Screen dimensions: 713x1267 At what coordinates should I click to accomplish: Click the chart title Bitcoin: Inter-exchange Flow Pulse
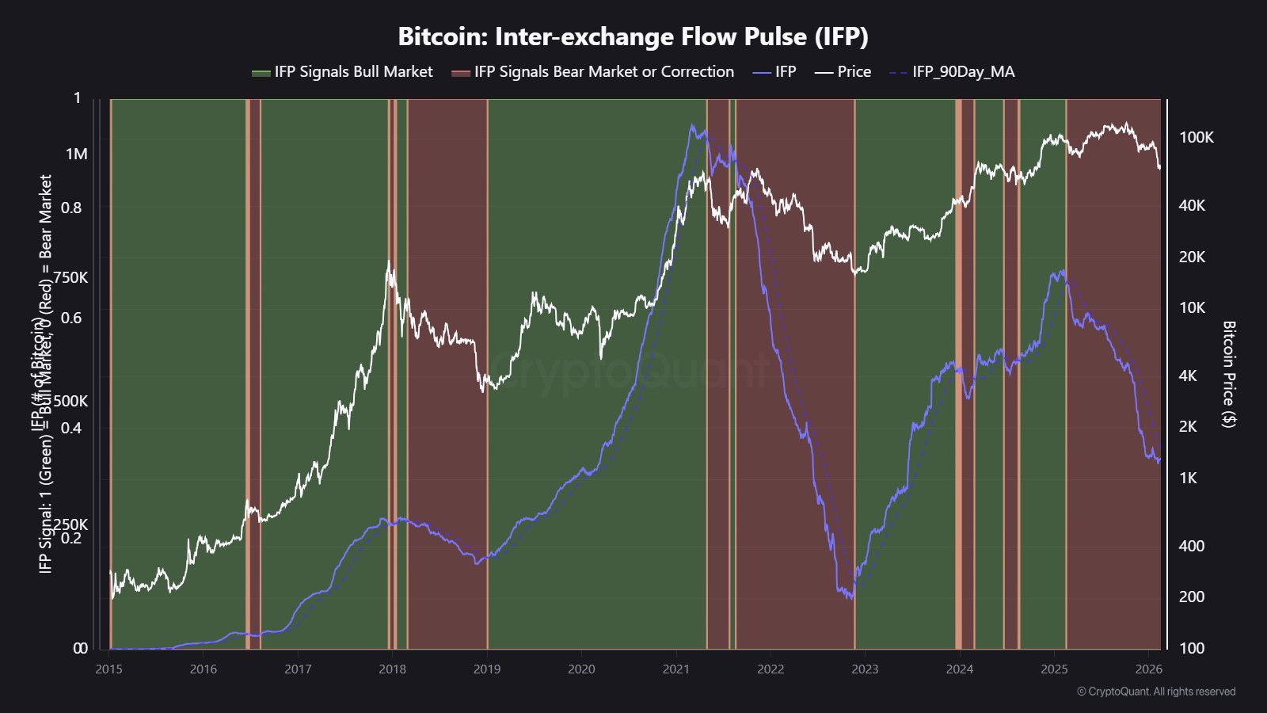pyautogui.click(x=633, y=36)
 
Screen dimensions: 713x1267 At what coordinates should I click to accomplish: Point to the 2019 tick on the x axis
pyautogui.click(x=487, y=669)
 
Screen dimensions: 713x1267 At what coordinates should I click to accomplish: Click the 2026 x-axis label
pyautogui.click(x=1148, y=669)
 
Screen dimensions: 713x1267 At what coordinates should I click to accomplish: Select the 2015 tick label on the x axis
pyautogui.click(x=109, y=669)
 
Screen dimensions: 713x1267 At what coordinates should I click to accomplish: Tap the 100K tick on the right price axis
pyautogui.click(x=1196, y=138)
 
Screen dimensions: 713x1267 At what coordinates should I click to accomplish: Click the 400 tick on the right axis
pyautogui.click(x=1191, y=546)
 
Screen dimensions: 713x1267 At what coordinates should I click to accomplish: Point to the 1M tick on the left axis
pyautogui.click(x=77, y=154)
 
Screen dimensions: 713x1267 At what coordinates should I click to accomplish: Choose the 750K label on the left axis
pyautogui.click(x=70, y=278)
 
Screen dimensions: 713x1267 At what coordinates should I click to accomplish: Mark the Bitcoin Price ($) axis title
pyautogui.click(x=1228, y=374)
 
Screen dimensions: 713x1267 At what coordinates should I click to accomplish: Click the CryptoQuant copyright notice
pyautogui.click(x=1155, y=692)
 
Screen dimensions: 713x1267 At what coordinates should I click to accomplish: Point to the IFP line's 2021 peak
pyautogui.click(x=692, y=125)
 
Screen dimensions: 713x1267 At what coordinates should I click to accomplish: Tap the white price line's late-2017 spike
pyautogui.click(x=389, y=262)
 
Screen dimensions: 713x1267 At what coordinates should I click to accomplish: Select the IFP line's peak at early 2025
pyautogui.click(x=1061, y=271)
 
